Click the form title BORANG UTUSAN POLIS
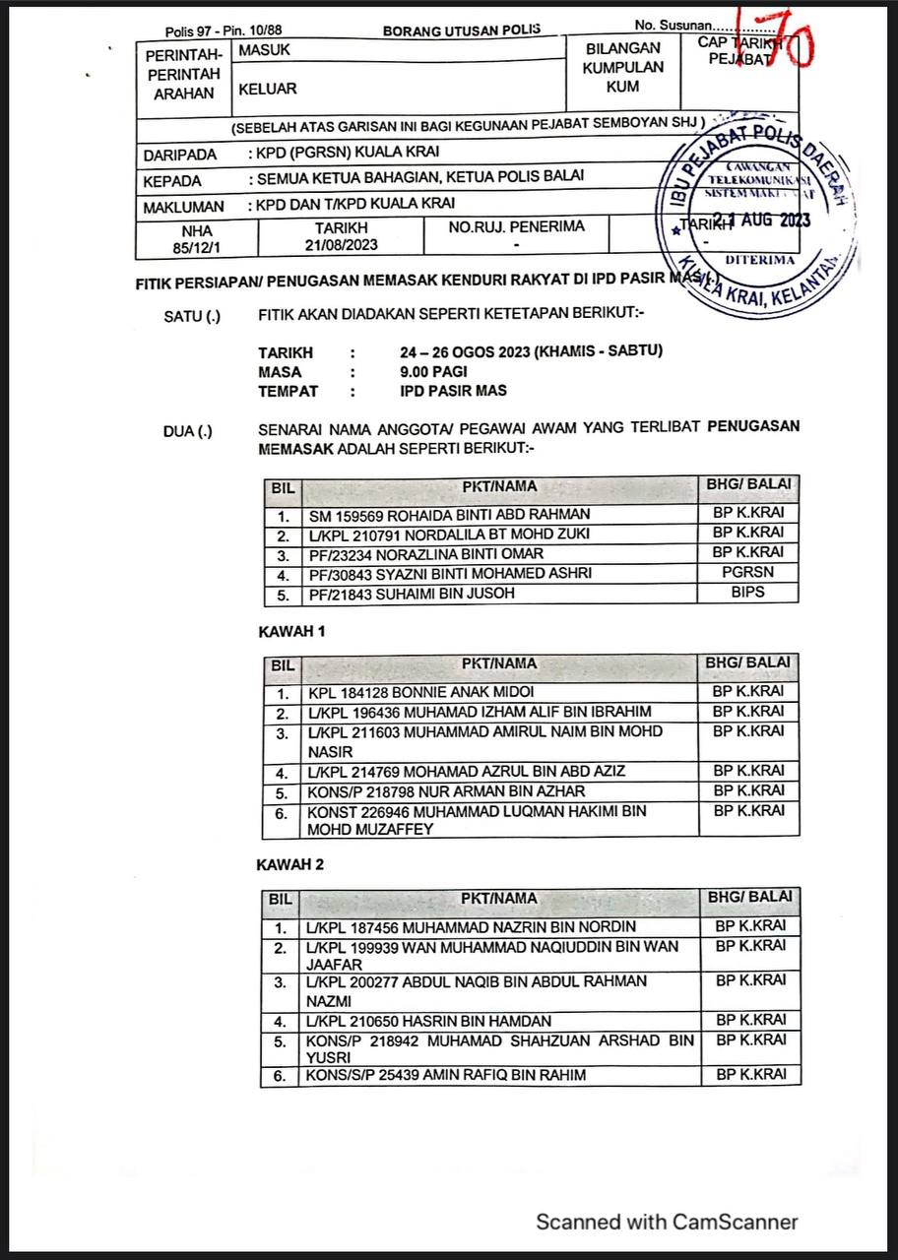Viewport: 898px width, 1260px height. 462,30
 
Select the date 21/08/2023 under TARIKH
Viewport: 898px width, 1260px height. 341,244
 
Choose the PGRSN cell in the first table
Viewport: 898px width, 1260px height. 747,573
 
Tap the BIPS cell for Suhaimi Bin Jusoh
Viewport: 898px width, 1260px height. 747,593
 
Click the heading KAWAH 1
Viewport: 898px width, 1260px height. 290,632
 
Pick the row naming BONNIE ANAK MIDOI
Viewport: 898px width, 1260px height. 421,692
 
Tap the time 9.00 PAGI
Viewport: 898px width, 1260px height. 433,371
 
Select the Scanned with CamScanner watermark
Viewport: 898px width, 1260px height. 667,1222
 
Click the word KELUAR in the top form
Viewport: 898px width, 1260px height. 267,89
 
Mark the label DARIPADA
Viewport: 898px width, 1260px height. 179,155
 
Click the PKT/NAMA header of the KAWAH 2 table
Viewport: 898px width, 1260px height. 499,898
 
